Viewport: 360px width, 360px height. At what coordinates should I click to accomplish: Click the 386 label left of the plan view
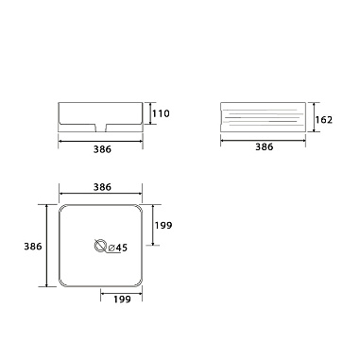click(31, 246)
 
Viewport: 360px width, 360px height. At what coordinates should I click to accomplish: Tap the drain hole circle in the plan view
click(100, 248)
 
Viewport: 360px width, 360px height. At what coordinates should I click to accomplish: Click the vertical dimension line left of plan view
click(46, 246)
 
